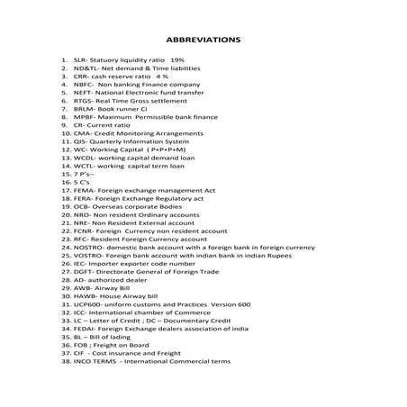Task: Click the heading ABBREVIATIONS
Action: tap(203, 41)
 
